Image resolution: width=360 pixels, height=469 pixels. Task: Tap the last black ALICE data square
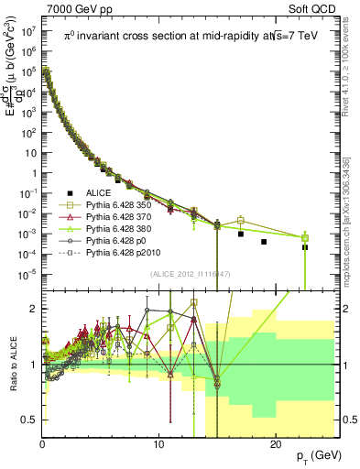click(305, 247)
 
